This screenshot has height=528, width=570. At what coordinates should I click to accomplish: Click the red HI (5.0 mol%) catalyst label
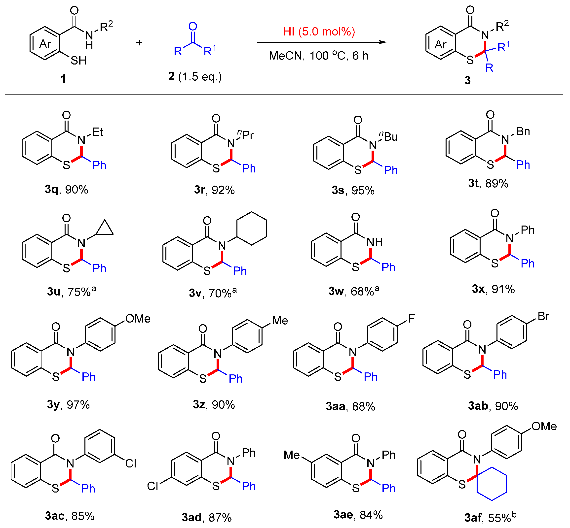coord(319,32)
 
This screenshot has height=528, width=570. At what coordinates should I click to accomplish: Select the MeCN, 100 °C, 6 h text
coord(319,56)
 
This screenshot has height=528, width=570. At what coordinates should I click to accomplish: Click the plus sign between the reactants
coord(139,43)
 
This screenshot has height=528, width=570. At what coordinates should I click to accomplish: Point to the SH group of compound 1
coord(78,61)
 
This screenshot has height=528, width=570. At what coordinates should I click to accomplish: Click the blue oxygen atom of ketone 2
coord(193,27)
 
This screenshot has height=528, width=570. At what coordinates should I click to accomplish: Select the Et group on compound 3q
coord(98,132)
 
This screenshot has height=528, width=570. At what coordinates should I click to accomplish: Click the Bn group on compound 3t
coord(523,132)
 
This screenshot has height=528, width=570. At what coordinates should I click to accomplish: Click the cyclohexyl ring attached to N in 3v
coord(252,228)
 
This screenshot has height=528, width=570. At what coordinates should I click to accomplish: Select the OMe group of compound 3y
coord(138,319)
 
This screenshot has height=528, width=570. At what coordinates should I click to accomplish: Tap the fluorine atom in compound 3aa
coord(412,318)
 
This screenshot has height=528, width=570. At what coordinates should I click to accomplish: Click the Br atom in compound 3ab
coord(543,316)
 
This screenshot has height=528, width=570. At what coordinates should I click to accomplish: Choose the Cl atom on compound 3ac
coord(131,463)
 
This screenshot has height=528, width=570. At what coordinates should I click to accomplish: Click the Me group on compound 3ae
coord(292,455)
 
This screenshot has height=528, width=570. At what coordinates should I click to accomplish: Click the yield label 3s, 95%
coord(353,190)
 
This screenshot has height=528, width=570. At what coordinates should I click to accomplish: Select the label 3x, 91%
coord(493,289)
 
